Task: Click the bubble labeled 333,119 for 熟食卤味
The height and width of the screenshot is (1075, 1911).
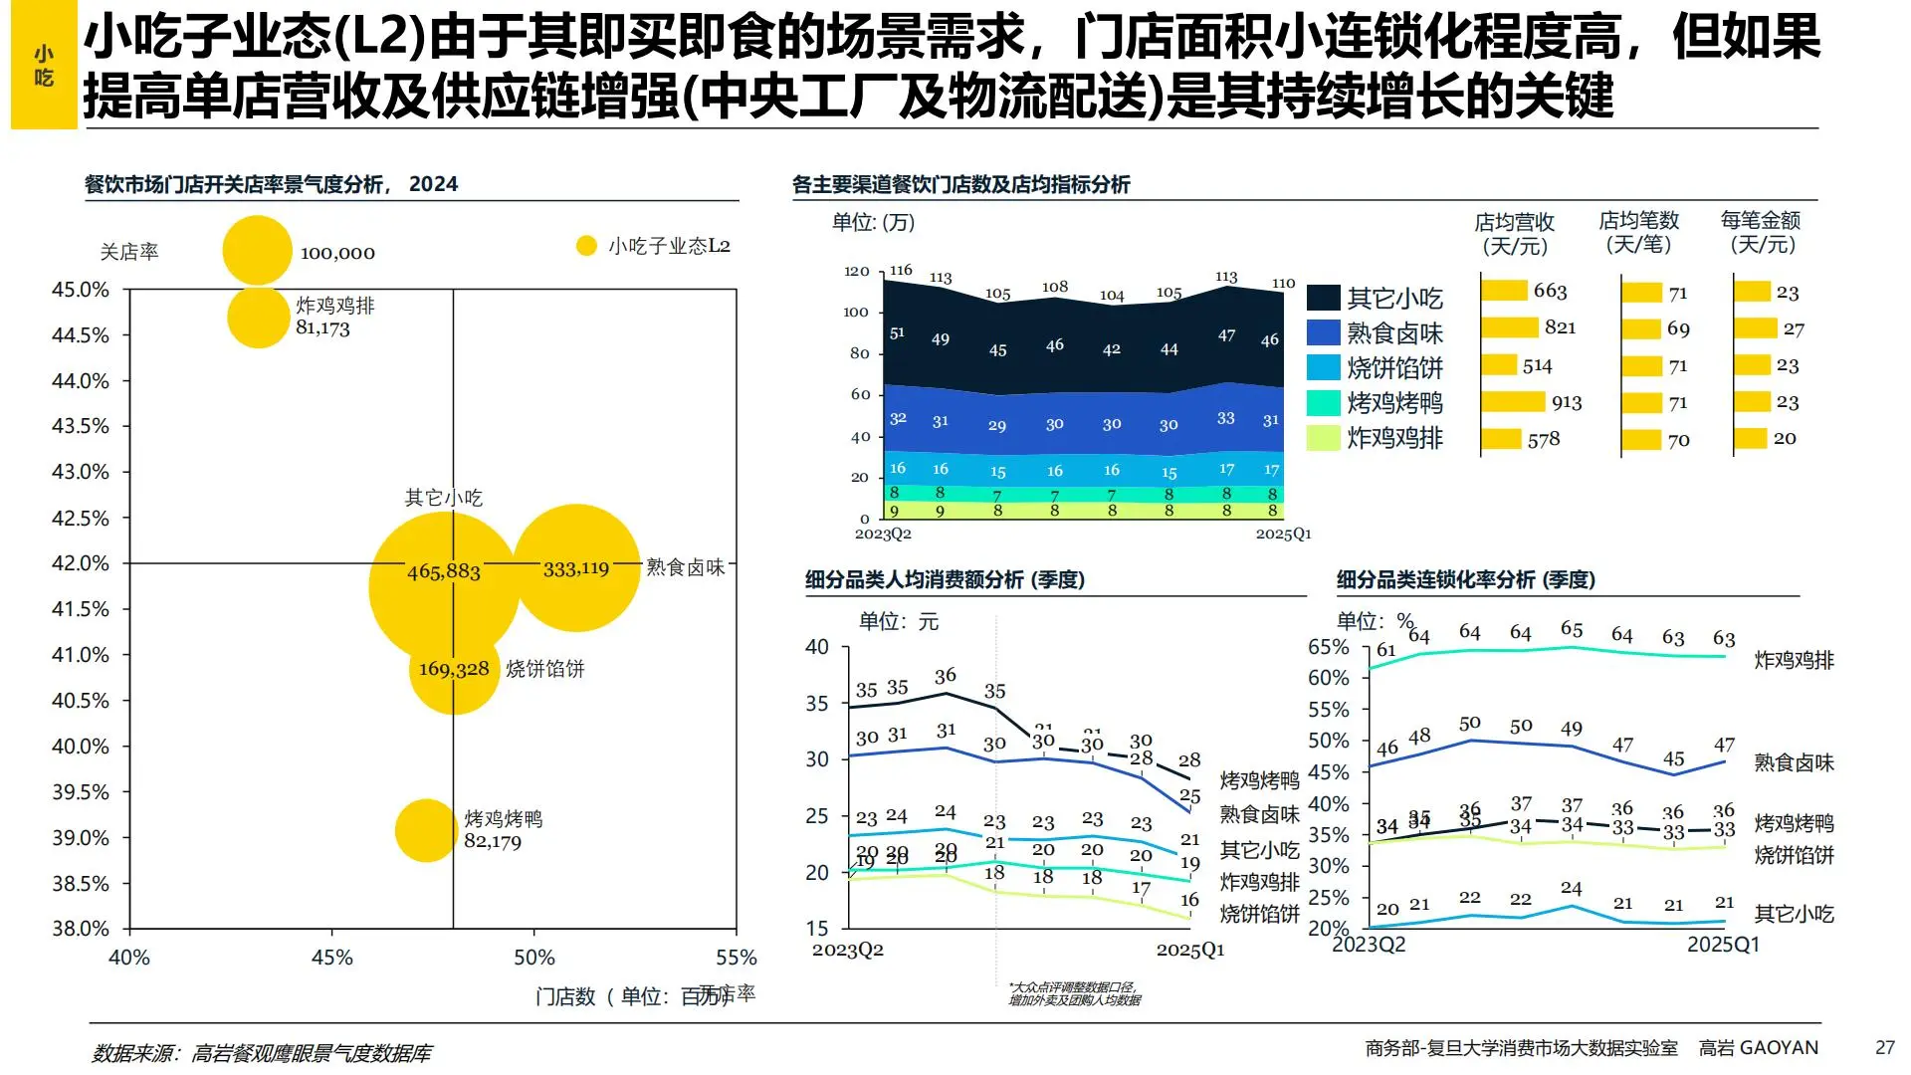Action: (x=576, y=568)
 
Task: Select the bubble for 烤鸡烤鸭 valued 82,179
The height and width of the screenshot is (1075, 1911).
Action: (x=426, y=830)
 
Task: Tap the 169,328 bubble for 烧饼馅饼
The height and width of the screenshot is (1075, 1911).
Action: (x=454, y=669)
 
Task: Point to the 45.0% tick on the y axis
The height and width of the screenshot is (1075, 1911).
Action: (x=81, y=290)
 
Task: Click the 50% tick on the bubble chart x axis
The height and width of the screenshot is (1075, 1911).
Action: (x=534, y=957)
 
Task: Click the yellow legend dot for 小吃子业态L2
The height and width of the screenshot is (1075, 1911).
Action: (x=586, y=246)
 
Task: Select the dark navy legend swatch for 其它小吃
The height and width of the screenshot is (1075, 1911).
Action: (x=1324, y=298)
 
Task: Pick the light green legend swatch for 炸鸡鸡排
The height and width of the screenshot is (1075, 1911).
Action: (x=1324, y=438)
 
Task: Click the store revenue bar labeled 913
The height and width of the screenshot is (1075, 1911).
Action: (x=1513, y=402)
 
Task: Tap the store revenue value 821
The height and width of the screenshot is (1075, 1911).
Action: (x=1560, y=327)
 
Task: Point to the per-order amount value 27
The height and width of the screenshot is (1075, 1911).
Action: (x=1794, y=328)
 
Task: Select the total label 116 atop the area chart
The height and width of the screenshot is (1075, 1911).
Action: (x=900, y=271)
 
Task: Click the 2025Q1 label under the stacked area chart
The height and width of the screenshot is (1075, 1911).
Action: (x=1283, y=535)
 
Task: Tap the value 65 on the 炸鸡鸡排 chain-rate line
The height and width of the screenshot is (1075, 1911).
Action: (x=1572, y=629)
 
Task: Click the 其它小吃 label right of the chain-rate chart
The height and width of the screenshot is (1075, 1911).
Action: (x=1794, y=914)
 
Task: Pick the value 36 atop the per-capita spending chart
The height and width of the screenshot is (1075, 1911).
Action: (x=946, y=677)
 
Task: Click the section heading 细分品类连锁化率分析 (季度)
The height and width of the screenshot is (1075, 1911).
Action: (x=1465, y=579)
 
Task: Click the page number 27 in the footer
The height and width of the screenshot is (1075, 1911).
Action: (x=1884, y=1047)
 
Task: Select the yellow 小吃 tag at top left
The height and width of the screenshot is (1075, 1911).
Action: (x=44, y=66)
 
